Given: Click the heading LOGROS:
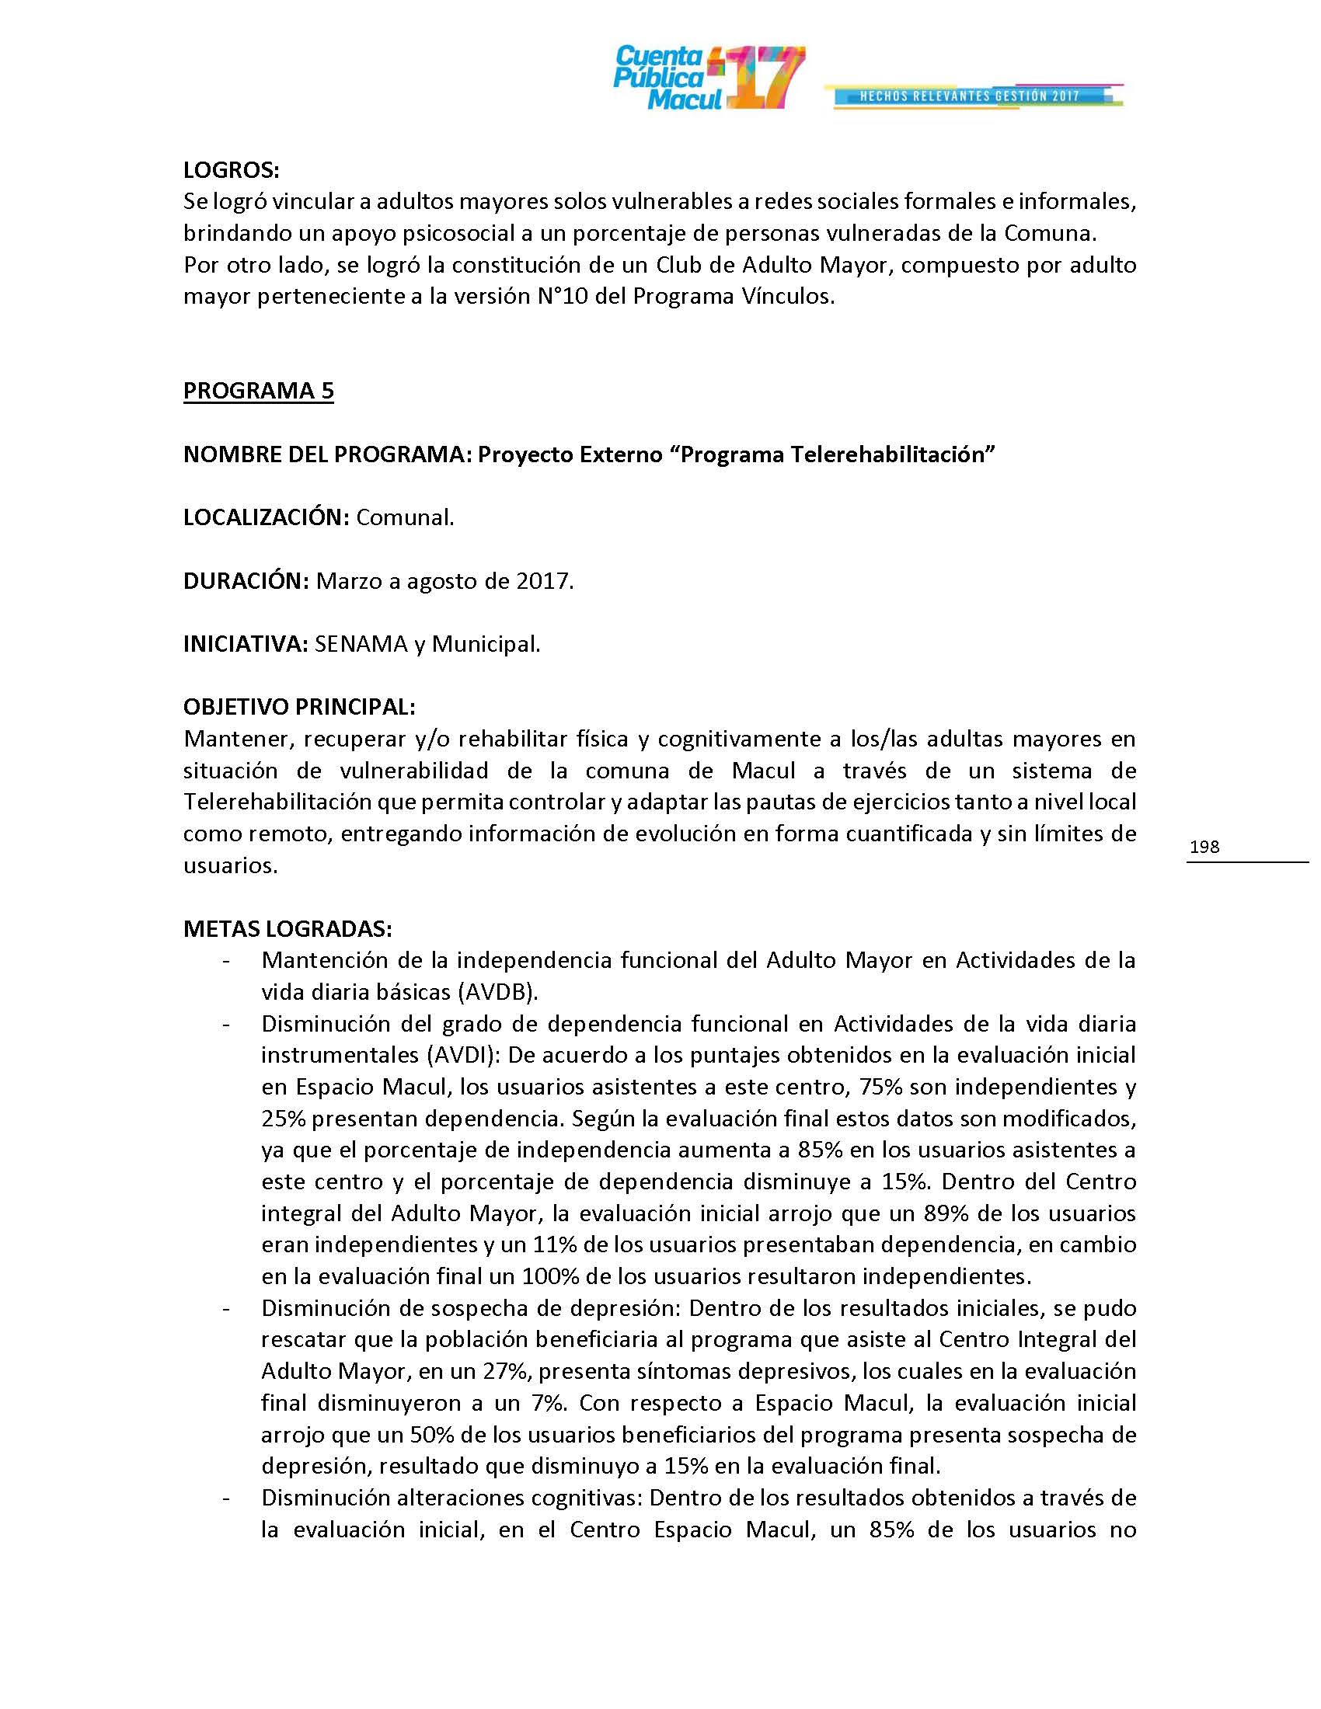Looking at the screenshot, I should pyautogui.click(x=231, y=170).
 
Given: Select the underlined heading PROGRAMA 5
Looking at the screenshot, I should pyautogui.click(x=258, y=391).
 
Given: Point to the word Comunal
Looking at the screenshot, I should pyautogui.click(x=405, y=517).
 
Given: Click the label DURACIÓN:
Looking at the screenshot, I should pyautogui.click(x=246, y=581).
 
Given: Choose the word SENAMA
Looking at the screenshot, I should pyautogui.click(x=361, y=645).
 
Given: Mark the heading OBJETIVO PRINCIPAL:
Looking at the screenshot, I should pyautogui.click(x=299, y=708).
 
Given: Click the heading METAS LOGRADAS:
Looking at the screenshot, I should pyautogui.click(x=288, y=929).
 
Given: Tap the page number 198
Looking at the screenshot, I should pyautogui.click(x=1204, y=846).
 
